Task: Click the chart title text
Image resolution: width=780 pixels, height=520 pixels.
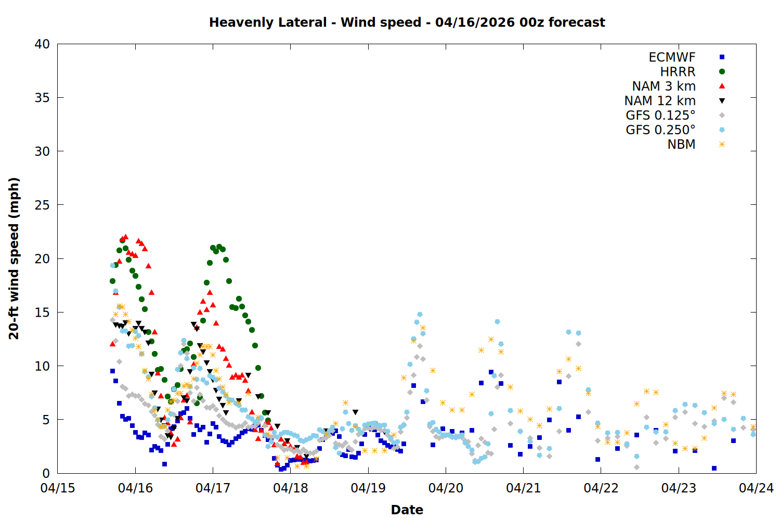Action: tap(407, 22)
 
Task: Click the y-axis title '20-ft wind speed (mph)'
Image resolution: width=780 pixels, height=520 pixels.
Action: tap(14, 258)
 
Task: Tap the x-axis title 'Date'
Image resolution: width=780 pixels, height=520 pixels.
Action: tap(407, 510)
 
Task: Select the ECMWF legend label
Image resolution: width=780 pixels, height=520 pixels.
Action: tap(672, 57)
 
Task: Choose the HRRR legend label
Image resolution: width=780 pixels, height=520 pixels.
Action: tap(678, 72)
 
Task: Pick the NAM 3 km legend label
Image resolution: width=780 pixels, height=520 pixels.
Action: tap(664, 86)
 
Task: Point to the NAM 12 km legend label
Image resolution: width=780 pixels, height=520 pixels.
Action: tap(660, 101)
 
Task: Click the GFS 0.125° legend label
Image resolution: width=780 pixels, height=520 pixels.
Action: tap(660, 115)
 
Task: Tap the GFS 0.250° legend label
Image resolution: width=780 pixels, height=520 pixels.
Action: tap(660, 130)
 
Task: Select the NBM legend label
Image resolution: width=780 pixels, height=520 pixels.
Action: tap(681, 145)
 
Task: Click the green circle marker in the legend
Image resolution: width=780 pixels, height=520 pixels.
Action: tap(722, 72)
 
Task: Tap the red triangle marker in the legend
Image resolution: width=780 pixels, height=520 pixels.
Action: tap(722, 86)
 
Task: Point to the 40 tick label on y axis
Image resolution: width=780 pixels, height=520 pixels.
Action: tap(42, 44)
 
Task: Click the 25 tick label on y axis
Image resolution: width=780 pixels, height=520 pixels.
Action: tap(42, 205)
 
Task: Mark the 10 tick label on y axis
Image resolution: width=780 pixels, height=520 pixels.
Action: tap(42, 366)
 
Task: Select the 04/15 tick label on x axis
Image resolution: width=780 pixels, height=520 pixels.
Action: tap(58, 488)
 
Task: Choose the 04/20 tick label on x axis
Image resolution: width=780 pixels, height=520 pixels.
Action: tap(446, 488)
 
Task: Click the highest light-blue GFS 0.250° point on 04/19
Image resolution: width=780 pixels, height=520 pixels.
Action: tap(420, 315)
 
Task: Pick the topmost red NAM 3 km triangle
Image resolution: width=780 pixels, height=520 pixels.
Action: tap(125, 237)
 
